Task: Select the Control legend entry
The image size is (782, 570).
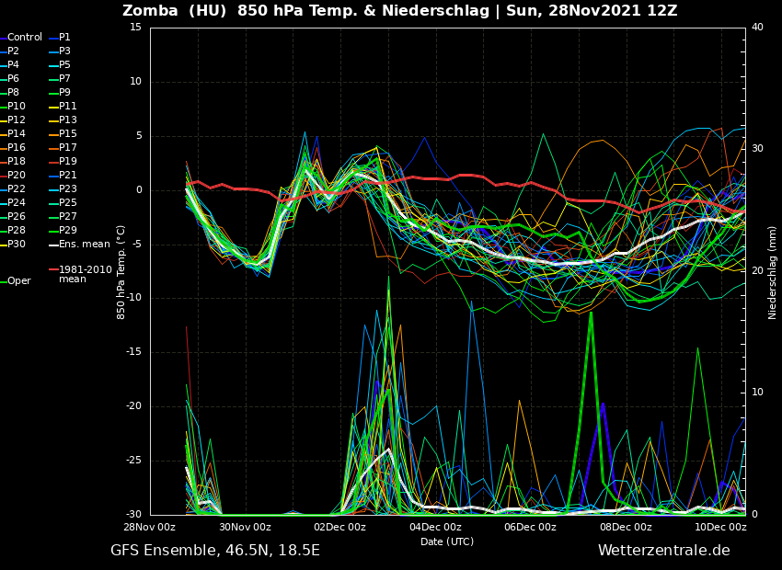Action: (x=25, y=38)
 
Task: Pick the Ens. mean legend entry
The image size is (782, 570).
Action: (x=84, y=245)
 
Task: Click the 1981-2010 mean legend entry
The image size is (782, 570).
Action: (x=85, y=274)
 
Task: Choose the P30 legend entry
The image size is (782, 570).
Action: (x=17, y=245)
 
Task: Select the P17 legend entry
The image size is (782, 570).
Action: (x=68, y=148)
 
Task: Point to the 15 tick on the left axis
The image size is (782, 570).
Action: (x=135, y=28)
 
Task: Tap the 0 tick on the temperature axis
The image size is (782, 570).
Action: (x=138, y=190)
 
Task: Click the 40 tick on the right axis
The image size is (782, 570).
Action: (x=757, y=28)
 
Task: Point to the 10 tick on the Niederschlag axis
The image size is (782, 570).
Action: (x=757, y=393)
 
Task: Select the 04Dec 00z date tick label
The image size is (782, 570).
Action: (x=435, y=528)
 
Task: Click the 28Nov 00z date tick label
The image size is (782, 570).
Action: (x=150, y=528)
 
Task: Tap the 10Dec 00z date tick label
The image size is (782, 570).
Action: (x=720, y=528)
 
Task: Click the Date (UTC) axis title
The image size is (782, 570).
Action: (x=447, y=542)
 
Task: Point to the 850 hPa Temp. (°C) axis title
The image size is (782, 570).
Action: (x=121, y=271)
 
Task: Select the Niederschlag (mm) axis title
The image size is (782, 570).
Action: (x=773, y=271)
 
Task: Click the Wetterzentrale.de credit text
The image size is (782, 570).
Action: (x=663, y=551)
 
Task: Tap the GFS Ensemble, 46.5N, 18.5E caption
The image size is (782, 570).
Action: (x=215, y=551)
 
